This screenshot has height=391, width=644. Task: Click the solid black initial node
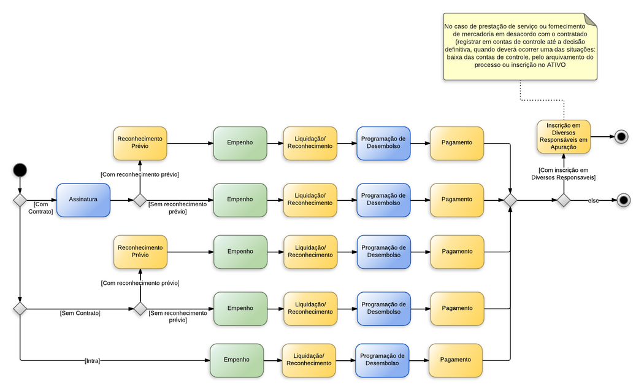click(20, 169)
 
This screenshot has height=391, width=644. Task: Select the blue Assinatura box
click(83, 199)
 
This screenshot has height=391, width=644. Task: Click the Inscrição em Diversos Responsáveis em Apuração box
click(564, 136)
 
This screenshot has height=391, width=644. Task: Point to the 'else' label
click(594, 201)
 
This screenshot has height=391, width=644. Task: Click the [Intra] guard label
click(92, 360)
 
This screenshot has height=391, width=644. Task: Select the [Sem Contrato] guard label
click(80, 313)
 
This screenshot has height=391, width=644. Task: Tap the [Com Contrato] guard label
click(40, 207)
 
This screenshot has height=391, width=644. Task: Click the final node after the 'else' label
click(623, 200)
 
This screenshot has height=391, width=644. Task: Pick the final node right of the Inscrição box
click(621, 137)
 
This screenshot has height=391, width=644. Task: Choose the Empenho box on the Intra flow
click(237, 360)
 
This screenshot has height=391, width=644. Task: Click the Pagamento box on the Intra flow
click(456, 360)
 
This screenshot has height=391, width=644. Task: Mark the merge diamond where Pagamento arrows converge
click(510, 200)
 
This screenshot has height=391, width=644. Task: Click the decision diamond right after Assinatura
click(140, 200)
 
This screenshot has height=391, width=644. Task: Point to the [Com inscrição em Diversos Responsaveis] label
click(563, 174)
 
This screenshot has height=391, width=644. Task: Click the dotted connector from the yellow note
click(521, 91)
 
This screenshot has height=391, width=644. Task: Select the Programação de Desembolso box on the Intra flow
click(382, 360)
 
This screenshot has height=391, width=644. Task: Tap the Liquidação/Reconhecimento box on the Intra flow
click(309, 360)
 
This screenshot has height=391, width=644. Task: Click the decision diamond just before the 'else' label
click(563, 200)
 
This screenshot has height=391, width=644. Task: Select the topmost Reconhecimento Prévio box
click(140, 143)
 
